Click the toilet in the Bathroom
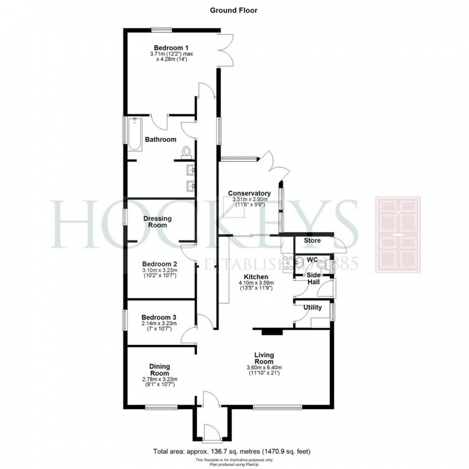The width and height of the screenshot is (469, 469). pyautogui.click(x=186, y=152)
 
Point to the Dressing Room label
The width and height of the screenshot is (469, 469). pyautogui.click(x=157, y=222)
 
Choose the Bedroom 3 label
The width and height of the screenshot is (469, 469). pyautogui.click(x=157, y=317)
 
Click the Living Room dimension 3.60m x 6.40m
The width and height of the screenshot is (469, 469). pyautogui.click(x=264, y=368)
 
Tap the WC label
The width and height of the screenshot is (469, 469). pyautogui.click(x=312, y=259)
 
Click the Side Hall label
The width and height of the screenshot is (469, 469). pyautogui.click(x=313, y=279)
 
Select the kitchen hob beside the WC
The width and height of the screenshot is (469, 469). pyautogui.click(x=288, y=263)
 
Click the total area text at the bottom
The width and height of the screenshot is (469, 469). pyautogui.click(x=234, y=451)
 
